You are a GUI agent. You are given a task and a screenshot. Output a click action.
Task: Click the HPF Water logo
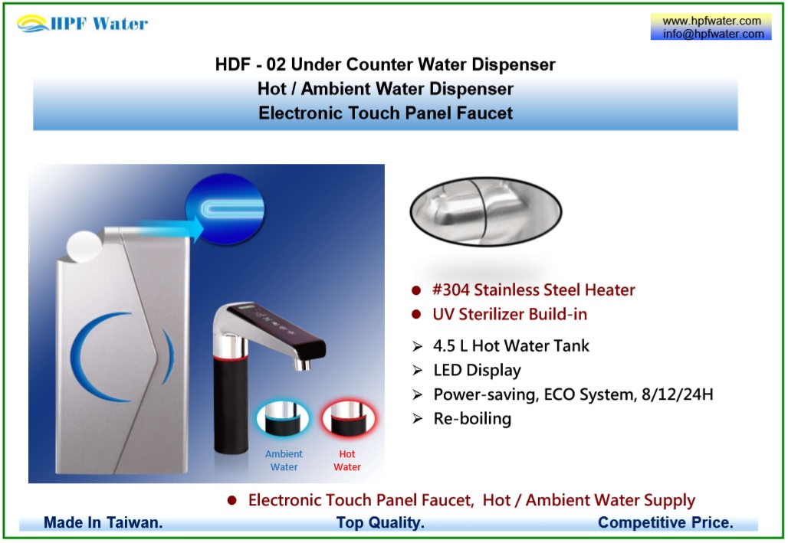[82, 23]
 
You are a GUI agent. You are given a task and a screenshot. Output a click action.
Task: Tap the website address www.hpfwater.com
[711, 21]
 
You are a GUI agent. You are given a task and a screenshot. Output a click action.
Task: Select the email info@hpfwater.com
[713, 34]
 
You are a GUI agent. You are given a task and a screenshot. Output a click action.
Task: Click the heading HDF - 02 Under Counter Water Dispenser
[385, 64]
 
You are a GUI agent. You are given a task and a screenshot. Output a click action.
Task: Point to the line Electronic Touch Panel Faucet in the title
[386, 113]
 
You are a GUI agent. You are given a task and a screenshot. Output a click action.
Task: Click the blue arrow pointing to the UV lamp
[170, 228]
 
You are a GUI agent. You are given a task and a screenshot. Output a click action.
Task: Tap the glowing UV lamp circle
[225, 209]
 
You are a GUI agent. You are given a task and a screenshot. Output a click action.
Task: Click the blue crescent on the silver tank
[98, 357]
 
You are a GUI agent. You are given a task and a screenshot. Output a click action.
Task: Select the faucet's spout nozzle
[302, 364]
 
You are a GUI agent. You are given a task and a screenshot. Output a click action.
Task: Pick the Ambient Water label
[284, 460]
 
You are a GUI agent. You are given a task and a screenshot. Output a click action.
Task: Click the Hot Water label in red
[346, 460]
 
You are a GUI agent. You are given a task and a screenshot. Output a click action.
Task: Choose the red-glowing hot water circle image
[348, 418]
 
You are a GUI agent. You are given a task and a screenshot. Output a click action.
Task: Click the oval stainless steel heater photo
[486, 211]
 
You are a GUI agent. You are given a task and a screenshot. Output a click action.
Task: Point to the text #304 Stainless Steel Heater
[534, 289]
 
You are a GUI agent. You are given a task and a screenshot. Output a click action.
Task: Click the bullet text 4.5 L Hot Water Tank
[511, 345]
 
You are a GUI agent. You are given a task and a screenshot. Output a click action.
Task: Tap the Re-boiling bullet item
[472, 418]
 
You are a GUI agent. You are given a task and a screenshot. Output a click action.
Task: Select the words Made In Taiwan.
[103, 522]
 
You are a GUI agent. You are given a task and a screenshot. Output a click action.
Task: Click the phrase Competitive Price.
[665, 522]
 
